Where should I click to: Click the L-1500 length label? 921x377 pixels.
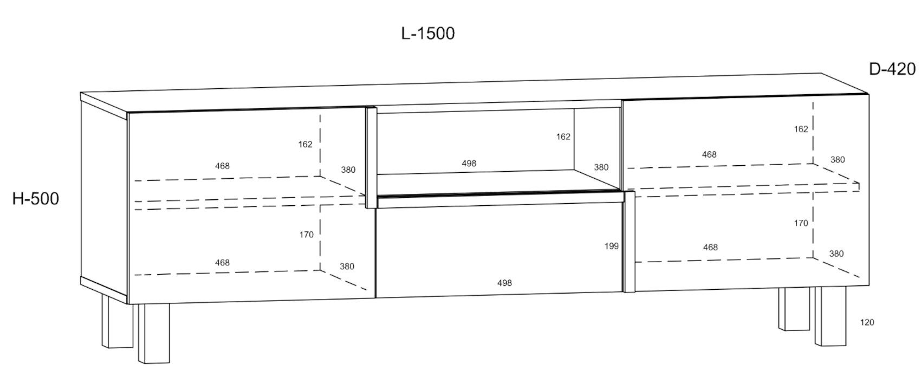pyautogui.click(x=428, y=33)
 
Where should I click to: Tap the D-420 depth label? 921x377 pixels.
pyautogui.click(x=892, y=69)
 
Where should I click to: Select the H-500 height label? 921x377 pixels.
pyautogui.click(x=36, y=199)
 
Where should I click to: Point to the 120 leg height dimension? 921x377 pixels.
pyautogui.click(x=867, y=322)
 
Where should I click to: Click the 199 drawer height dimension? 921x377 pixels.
pyautogui.click(x=612, y=246)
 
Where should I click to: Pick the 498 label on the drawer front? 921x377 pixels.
pyautogui.click(x=504, y=283)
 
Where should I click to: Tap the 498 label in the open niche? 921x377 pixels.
pyautogui.click(x=469, y=163)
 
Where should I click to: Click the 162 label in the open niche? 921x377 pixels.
pyautogui.click(x=563, y=136)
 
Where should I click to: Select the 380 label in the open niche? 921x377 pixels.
pyautogui.click(x=601, y=167)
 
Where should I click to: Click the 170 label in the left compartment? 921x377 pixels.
pyautogui.click(x=306, y=235)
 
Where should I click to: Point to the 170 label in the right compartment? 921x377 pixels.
pyautogui.click(x=801, y=223)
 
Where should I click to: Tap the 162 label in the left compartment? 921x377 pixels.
pyautogui.click(x=305, y=144)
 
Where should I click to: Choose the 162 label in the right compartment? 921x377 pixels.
pyautogui.click(x=801, y=129)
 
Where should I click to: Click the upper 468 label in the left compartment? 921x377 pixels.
pyautogui.click(x=222, y=166)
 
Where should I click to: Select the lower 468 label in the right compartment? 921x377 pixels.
pyautogui.click(x=710, y=248)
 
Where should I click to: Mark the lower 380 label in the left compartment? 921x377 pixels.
pyautogui.click(x=347, y=266)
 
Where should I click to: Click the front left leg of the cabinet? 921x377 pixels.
pyautogui.click(x=154, y=334)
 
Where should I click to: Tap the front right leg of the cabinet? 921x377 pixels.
pyautogui.click(x=831, y=316)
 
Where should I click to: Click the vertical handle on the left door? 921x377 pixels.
pyautogui.click(x=371, y=158)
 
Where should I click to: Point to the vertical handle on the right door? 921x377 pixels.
pyautogui.click(x=630, y=242)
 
